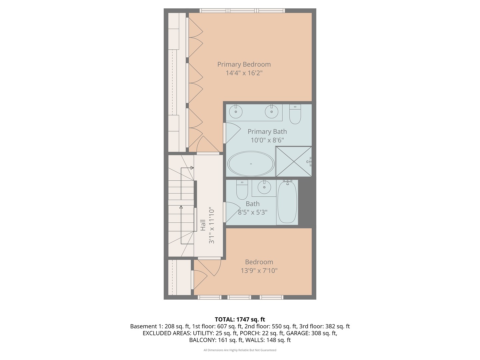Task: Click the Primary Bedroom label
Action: [244, 64]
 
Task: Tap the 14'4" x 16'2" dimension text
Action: [244, 73]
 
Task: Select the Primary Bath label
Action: [267, 132]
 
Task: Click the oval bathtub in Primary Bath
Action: [251, 164]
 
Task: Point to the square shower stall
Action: [293, 162]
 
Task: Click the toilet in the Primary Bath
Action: [295, 114]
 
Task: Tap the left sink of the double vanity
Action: [236, 111]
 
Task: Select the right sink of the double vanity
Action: [271, 111]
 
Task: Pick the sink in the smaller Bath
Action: [264, 187]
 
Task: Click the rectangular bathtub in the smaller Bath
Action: [287, 202]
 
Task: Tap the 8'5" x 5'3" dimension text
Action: [253, 212]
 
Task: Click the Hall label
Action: [203, 225]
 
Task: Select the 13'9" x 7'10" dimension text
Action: [259, 271]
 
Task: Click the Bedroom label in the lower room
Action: [259, 262]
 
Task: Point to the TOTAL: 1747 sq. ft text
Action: [240, 319]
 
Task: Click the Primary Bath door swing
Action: [232, 132]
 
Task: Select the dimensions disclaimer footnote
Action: [240, 350]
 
